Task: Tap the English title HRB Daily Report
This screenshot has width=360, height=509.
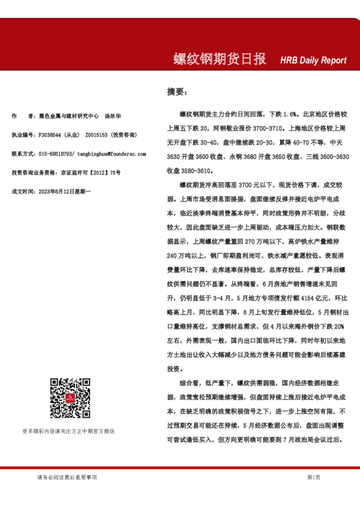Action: (313, 60)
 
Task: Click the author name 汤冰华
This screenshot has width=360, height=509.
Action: (113, 115)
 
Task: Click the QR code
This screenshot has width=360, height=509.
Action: (70, 399)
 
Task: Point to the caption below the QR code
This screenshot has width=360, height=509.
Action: (68, 430)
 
